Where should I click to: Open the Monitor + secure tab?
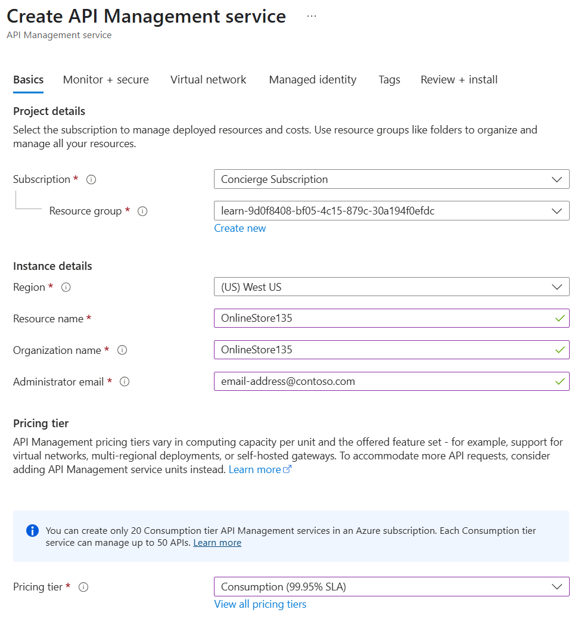pos(106,80)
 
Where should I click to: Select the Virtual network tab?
pos(208,80)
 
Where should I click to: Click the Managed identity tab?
pos(312,80)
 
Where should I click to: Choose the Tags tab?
pos(389,80)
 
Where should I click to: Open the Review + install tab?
pos(459,80)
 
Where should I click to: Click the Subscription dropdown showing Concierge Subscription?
pos(391,179)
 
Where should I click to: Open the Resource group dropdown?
pos(391,211)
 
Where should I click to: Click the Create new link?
pos(240,228)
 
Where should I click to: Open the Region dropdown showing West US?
pos(391,287)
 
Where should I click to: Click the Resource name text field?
pos(384,318)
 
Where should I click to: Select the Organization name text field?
pos(384,350)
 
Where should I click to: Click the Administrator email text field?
pos(384,381)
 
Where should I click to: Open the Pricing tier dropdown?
pos(391,587)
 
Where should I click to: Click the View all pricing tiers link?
pos(260,604)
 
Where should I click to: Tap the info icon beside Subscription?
pos(91,179)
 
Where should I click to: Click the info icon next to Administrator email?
pos(125,382)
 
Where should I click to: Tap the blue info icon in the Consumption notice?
pos(33,530)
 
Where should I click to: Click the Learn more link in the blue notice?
pos(218,543)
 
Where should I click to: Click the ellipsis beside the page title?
pos(312,16)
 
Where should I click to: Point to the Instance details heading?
pos(52,266)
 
